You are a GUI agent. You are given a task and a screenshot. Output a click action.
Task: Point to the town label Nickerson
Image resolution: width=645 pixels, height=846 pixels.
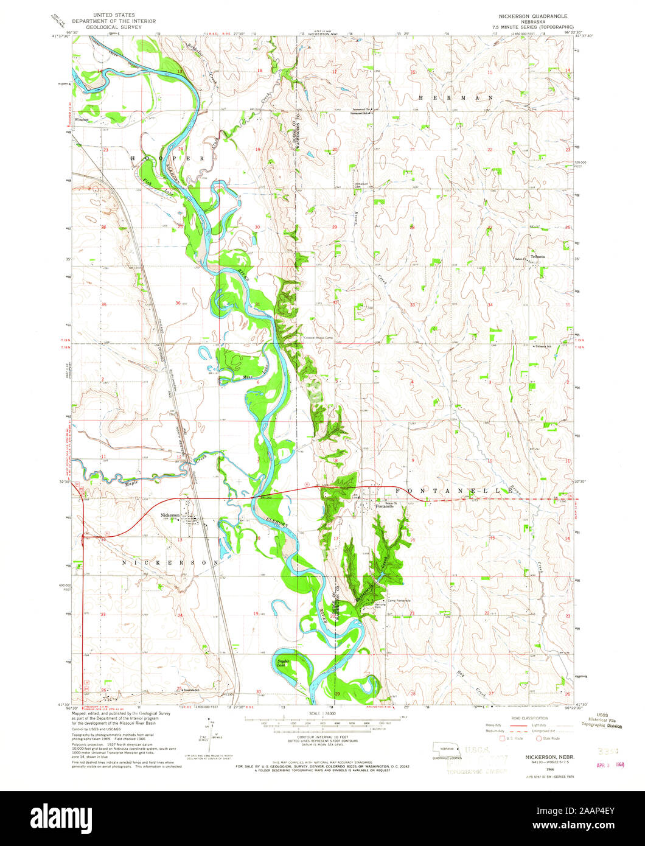(170, 515)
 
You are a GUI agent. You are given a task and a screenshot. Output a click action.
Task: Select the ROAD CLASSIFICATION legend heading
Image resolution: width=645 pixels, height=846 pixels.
(525, 718)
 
